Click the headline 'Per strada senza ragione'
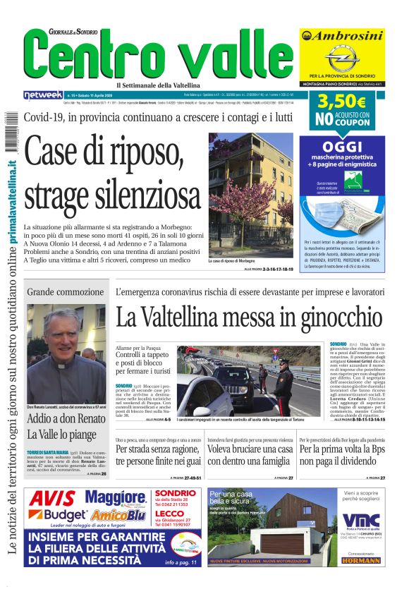(x=159, y=454)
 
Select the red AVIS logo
(x=53, y=498)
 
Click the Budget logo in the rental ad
(x=60, y=516)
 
